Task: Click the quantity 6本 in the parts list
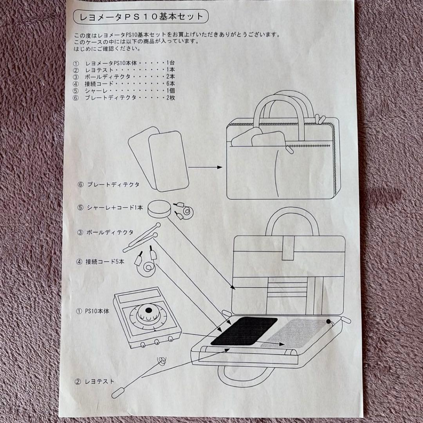coord(171,83)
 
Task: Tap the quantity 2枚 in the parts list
coord(171,98)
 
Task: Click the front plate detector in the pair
coord(169,159)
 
